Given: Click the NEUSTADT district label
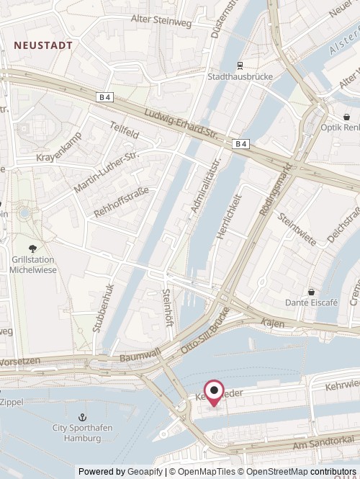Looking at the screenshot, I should [x=43, y=45].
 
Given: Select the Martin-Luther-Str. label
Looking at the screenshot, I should [x=105, y=173].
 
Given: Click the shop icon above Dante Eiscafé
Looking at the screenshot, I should [x=311, y=291].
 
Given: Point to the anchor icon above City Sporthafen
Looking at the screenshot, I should [x=82, y=417].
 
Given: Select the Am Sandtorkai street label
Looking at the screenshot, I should [x=333, y=439].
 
